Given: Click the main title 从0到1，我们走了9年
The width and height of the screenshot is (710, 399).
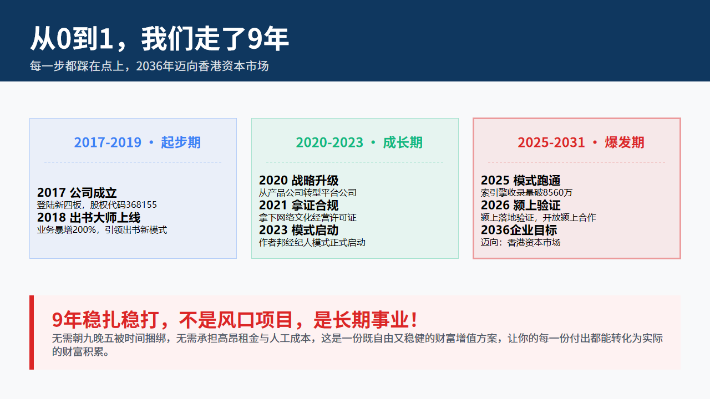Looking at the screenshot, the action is click(159, 39).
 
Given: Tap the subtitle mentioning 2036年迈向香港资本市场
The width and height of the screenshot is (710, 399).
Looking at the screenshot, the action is click(149, 66).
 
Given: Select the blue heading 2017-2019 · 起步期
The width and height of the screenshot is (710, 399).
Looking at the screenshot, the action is click(137, 142).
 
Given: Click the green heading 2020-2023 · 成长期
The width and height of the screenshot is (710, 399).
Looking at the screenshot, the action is click(359, 142).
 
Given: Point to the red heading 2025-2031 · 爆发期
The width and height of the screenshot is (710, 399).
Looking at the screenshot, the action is click(581, 142).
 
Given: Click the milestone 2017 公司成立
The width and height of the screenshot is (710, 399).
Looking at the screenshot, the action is click(77, 192).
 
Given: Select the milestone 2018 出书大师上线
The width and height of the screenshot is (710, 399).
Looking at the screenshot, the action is click(89, 218).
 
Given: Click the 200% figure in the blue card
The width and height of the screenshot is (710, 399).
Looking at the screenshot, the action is click(84, 229).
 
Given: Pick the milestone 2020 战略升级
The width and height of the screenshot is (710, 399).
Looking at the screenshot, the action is click(298, 180).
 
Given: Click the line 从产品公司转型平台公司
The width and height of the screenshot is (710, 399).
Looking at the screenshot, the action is click(307, 192).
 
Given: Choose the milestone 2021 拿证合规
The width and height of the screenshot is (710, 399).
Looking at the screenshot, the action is click(298, 205).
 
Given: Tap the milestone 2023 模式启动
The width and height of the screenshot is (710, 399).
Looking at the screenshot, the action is click(298, 230).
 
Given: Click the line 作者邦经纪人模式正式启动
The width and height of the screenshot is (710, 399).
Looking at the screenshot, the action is click(312, 243).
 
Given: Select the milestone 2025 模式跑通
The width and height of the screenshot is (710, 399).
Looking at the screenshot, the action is click(520, 180).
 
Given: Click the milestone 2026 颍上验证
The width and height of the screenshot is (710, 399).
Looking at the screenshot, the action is click(520, 205).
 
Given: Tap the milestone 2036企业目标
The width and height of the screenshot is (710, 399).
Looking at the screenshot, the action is click(519, 230).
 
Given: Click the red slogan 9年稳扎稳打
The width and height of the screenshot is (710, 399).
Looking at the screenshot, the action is click(105, 320).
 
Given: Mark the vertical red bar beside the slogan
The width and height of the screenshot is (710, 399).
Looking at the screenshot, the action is click(32, 332).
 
